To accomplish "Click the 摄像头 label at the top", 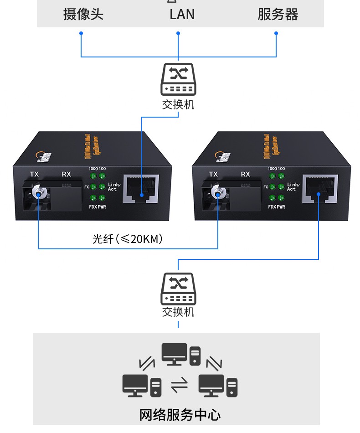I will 83,14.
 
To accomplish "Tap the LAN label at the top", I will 182,14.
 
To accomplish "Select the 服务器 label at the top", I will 278,14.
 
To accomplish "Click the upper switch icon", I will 178,79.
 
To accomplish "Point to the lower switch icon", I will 178,289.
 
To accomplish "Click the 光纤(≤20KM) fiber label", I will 127,238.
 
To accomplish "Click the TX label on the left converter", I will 34,174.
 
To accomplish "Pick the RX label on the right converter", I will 246,174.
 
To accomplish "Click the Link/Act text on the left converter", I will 113,186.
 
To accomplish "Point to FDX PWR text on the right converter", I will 277,207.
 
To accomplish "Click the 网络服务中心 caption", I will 180,415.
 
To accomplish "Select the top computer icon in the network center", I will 180,354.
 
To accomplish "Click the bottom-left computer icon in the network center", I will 141,386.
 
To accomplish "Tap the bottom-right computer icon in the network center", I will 218,386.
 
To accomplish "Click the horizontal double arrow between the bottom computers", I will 179,386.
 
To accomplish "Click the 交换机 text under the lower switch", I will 178,312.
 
